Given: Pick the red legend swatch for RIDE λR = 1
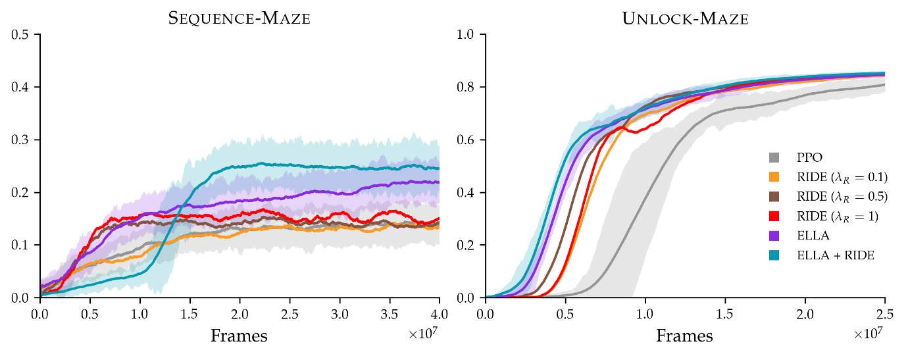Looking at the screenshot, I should tap(774, 217).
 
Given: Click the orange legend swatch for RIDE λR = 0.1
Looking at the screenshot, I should tap(774, 178).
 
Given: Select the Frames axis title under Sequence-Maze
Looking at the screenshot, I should tap(239, 336).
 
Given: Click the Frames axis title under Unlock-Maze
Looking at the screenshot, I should tap(684, 336).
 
